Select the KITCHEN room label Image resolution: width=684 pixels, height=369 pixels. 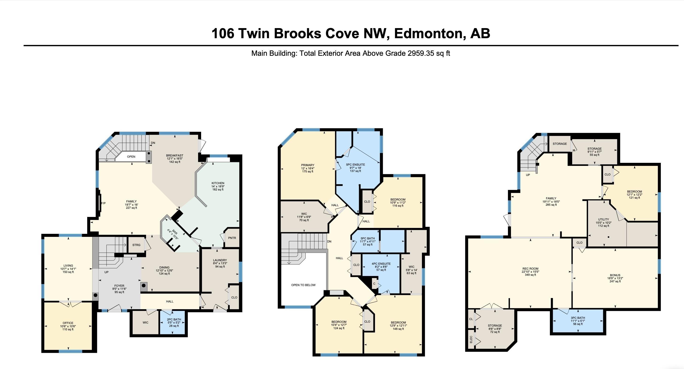[x=218, y=183]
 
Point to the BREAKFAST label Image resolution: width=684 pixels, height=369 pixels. [x=175, y=156]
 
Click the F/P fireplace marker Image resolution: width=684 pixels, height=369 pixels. [x=103, y=203]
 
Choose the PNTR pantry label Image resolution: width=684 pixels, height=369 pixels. [x=232, y=238]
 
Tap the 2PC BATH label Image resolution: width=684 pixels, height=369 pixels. [x=174, y=320]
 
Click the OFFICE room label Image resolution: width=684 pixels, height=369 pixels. [x=68, y=323]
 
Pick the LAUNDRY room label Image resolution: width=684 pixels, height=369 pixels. [x=220, y=260]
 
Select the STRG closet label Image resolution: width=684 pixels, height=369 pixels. [x=136, y=245]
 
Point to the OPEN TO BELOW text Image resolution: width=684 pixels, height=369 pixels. [x=303, y=285]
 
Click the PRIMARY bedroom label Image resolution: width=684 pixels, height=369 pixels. [x=308, y=165]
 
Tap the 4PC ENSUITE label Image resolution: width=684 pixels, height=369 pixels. [x=381, y=264]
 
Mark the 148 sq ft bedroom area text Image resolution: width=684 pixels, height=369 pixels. [x=398, y=329]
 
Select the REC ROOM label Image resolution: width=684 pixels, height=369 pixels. [x=530, y=269]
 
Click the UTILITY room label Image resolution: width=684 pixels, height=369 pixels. [x=604, y=220]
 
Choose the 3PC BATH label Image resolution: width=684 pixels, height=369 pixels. [x=578, y=318]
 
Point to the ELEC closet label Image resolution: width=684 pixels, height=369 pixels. [x=471, y=339]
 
